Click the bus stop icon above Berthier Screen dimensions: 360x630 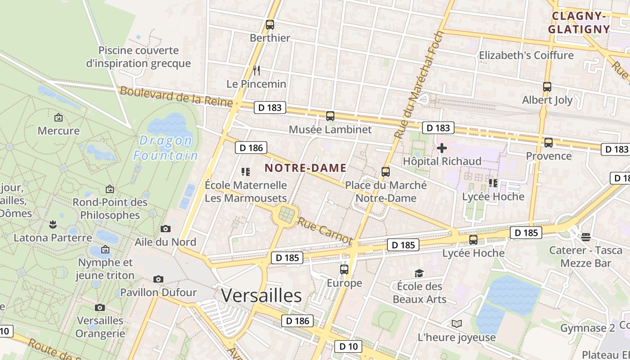(270, 25)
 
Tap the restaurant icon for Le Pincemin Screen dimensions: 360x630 (256, 71)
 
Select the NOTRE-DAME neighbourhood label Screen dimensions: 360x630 (306, 168)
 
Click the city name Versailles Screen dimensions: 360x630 (261, 296)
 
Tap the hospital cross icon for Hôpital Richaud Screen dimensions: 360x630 (442, 148)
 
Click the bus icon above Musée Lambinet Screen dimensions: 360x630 (330, 116)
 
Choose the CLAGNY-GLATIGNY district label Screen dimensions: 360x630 (580, 23)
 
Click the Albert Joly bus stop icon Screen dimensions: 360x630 (547, 87)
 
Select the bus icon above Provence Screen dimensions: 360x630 (549, 143)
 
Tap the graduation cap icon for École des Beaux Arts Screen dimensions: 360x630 (419, 273)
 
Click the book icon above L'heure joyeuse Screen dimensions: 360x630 (457, 324)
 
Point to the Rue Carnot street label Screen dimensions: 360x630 (324, 231)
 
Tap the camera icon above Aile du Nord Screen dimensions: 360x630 (166, 229)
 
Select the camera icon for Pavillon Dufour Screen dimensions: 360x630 (158, 279)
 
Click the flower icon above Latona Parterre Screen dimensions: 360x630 (53, 224)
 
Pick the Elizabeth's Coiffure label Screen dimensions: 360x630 (526, 55)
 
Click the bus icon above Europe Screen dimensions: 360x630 (344, 270)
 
